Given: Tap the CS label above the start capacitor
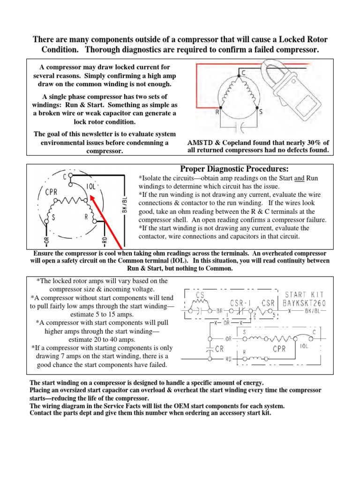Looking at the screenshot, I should [x=200, y=295].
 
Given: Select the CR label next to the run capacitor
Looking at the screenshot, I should [x=218, y=349].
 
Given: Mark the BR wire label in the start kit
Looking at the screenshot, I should [x=219, y=311].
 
